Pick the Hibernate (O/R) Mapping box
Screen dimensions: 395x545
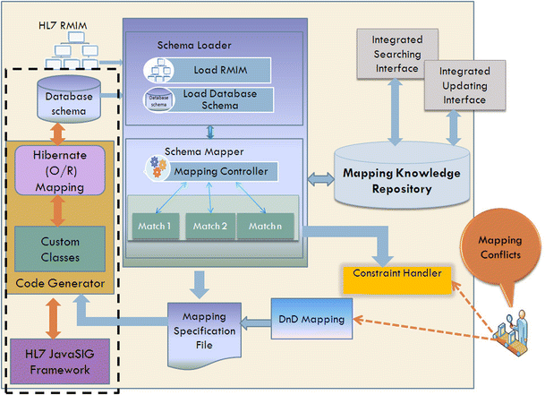click(61, 169)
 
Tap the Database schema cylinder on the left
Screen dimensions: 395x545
click(61, 99)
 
